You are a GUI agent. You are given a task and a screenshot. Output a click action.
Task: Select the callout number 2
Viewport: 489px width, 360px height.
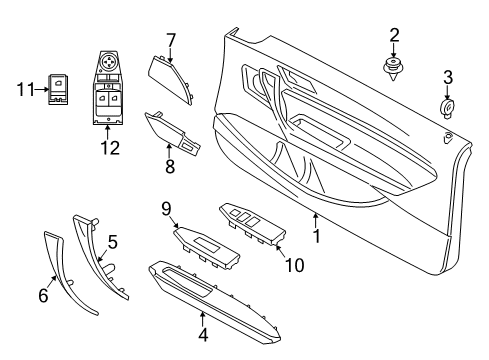[394, 36]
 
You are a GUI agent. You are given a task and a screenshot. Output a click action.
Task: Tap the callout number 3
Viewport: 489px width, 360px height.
[448, 77]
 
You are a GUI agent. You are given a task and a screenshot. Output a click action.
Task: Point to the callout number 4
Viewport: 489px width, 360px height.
[203, 336]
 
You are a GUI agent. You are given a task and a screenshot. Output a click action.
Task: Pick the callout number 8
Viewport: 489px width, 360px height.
[168, 163]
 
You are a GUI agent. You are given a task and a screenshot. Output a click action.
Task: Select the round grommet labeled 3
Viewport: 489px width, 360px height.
[445, 107]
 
